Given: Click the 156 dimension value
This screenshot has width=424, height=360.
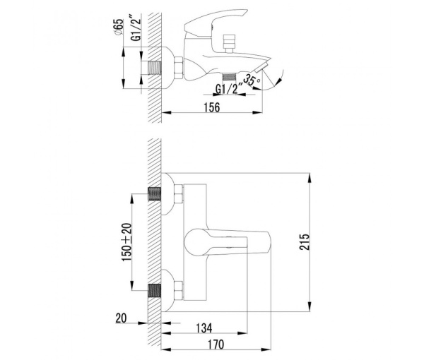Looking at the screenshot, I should point(211,107).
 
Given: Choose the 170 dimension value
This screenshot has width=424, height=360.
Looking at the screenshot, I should point(216,345).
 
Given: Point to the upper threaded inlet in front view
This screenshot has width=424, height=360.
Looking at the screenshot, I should point(154,194).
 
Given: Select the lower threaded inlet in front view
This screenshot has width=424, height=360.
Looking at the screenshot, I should point(154,289).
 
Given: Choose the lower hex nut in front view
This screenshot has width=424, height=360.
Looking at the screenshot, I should point(177,289).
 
